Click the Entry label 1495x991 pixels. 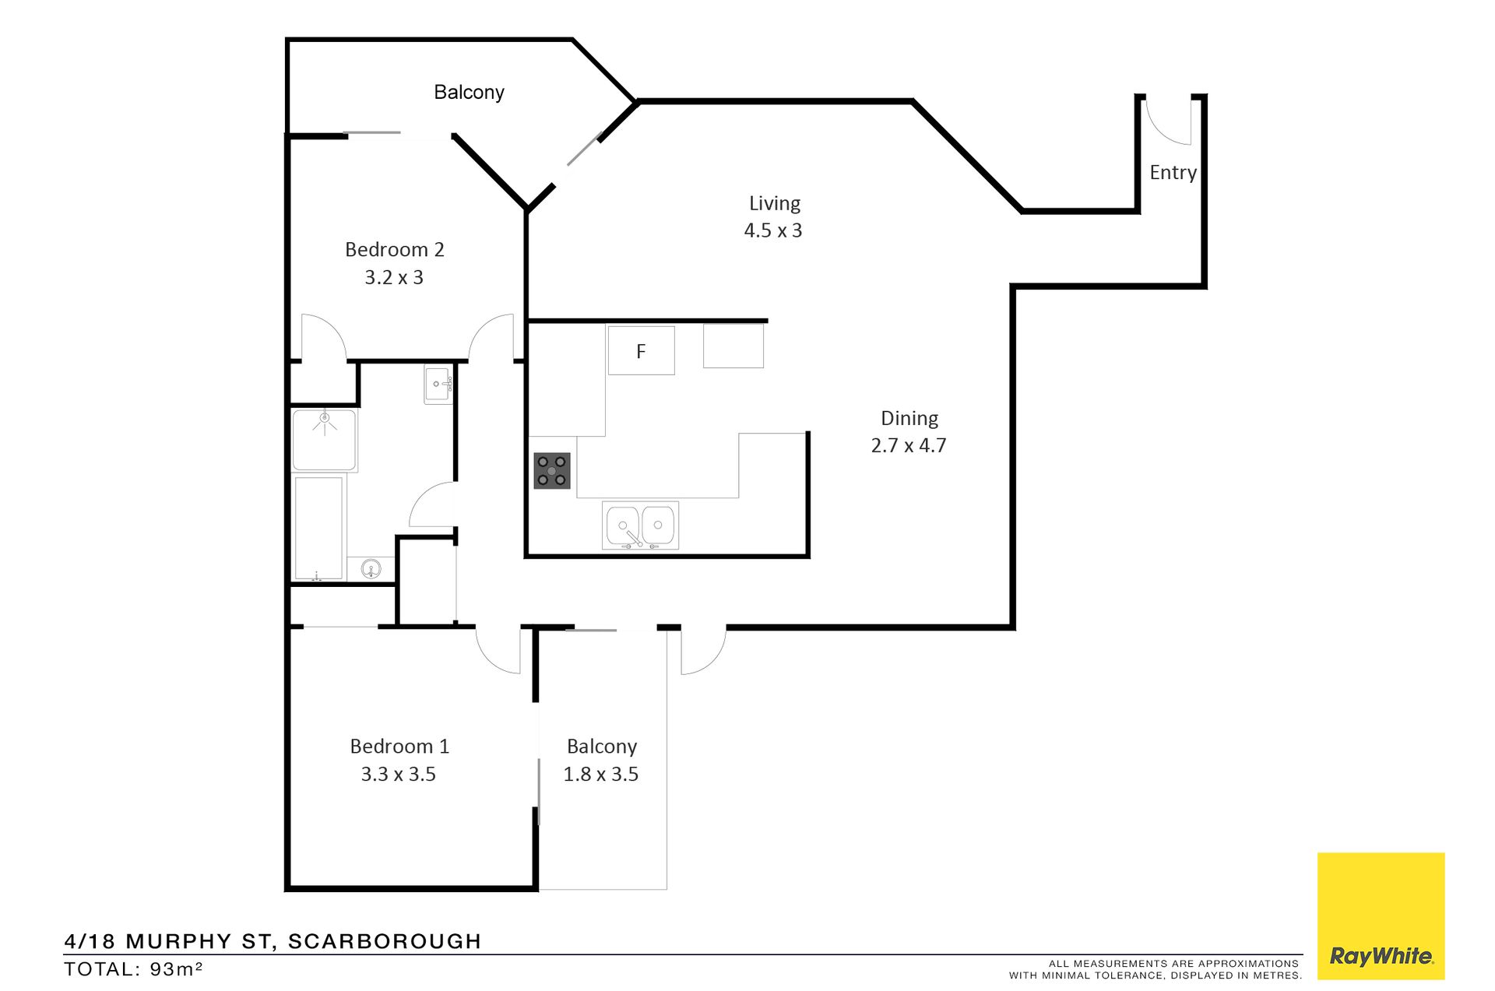[1173, 173]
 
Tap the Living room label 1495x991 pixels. [775, 203]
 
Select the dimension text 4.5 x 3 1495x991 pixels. [773, 230]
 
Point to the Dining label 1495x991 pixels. [909, 419]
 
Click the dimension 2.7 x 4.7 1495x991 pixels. [909, 445]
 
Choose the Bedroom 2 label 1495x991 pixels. [394, 250]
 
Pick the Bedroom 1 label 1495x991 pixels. [399, 747]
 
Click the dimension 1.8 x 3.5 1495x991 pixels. [601, 775]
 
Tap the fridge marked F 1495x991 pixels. [641, 350]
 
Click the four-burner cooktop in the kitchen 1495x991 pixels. [552, 471]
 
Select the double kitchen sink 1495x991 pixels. [641, 525]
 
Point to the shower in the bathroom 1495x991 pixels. [325, 441]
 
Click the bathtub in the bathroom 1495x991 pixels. [318, 528]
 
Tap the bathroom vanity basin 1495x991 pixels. [438, 385]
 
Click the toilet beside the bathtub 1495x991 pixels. [371, 569]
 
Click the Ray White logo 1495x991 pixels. [1381, 916]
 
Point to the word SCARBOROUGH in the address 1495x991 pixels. [385, 941]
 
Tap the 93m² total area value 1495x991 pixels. [177, 969]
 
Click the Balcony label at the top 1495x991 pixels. [469, 93]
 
